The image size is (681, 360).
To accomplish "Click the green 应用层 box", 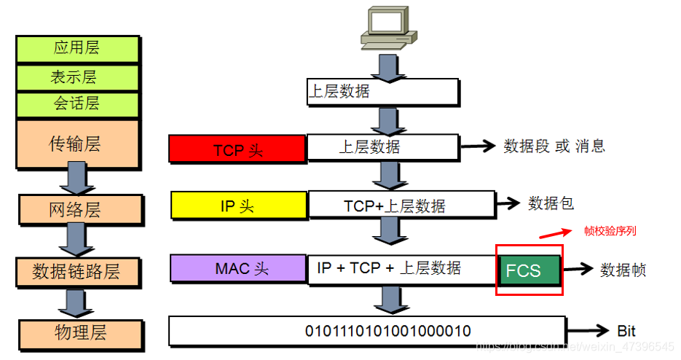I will pos(76,49).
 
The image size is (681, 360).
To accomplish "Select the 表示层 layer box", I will pos(76,77).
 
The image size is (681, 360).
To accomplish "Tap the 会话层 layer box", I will pos(76,103).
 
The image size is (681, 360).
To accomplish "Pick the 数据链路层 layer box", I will pos(76,272).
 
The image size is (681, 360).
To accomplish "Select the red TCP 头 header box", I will pos(237,149).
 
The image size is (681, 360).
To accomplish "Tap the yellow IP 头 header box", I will pos(237,206).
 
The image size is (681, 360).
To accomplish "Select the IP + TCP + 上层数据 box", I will pos(402,268).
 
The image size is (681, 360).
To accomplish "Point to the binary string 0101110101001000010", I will pos(367,331).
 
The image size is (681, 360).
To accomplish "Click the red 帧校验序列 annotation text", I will pos(610,231).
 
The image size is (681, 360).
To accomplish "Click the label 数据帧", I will pos(623,270).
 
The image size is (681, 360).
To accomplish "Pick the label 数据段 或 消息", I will pos(554,146).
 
